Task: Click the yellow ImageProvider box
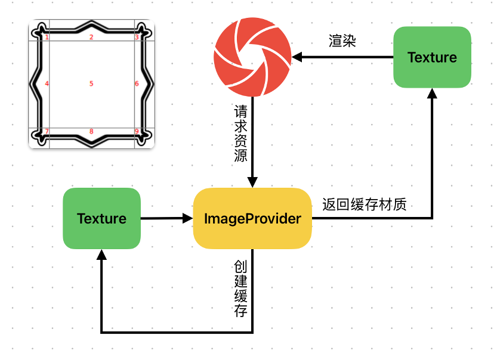(252, 219)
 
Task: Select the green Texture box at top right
(432, 57)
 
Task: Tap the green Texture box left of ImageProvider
(101, 218)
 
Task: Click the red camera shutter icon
(253, 57)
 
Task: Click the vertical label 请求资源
(242, 135)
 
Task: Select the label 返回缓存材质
(364, 204)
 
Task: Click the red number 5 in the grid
(91, 84)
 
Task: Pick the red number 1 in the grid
(47, 38)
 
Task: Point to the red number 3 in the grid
(137, 38)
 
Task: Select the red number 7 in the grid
(47, 132)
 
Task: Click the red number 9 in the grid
(137, 132)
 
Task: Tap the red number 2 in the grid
(91, 38)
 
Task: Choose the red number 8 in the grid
(91, 132)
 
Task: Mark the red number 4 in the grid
(47, 84)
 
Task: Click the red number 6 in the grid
(137, 84)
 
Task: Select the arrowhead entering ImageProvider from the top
(253, 182)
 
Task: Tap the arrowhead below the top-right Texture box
(432, 94)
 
